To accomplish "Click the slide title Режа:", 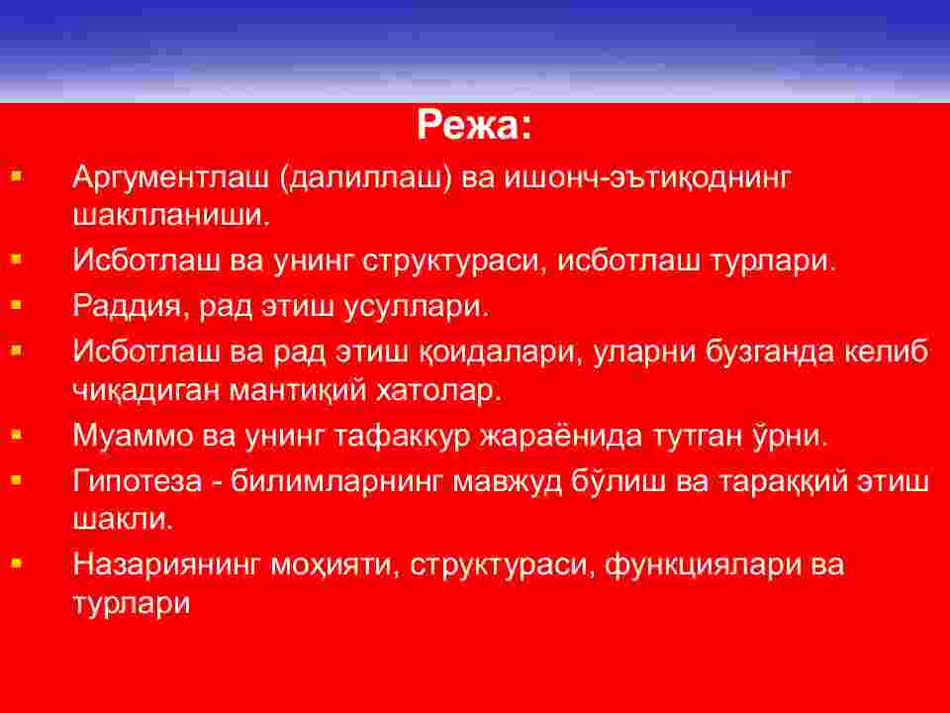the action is [x=474, y=126].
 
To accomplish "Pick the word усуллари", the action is [x=417, y=306].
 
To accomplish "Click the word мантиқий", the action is [x=298, y=390].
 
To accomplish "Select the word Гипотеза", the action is [x=138, y=482].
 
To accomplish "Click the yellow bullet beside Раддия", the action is [x=17, y=305].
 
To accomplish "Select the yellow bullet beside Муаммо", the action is [x=17, y=435].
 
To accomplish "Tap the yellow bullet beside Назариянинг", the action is [x=17, y=563].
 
